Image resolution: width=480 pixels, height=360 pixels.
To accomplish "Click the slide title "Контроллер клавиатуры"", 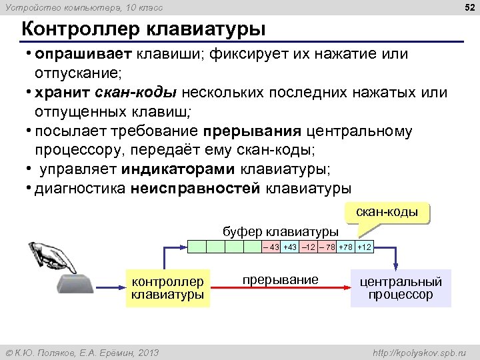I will [x=143, y=30].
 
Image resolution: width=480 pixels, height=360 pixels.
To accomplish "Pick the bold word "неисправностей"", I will [x=195, y=189].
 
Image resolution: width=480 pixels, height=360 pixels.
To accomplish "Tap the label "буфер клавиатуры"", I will [x=279, y=232].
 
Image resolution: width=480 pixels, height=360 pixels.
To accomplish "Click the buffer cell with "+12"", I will [x=364, y=247].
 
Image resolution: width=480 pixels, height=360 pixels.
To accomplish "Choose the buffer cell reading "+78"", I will [x=345, y=247].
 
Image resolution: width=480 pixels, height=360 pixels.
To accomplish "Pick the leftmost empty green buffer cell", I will [x=196, y=247].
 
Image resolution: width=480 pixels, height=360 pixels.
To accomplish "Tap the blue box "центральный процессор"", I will [x=401, y=288].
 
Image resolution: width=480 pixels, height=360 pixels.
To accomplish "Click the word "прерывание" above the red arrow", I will [x=280, y=279].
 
